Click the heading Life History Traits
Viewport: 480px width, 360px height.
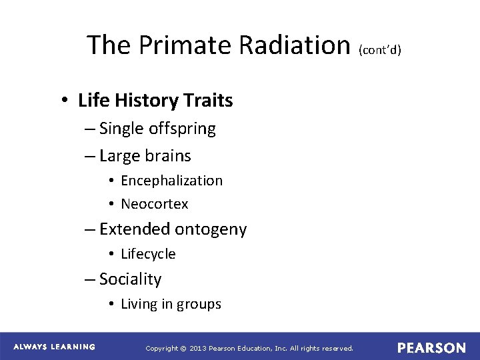tap(155, 101)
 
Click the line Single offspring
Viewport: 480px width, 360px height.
tap(157, 129)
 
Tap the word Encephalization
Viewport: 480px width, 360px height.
tap(171, 181)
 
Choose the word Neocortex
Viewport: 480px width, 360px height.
tap(155, 204)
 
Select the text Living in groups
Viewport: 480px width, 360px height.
tap(171, 304)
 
